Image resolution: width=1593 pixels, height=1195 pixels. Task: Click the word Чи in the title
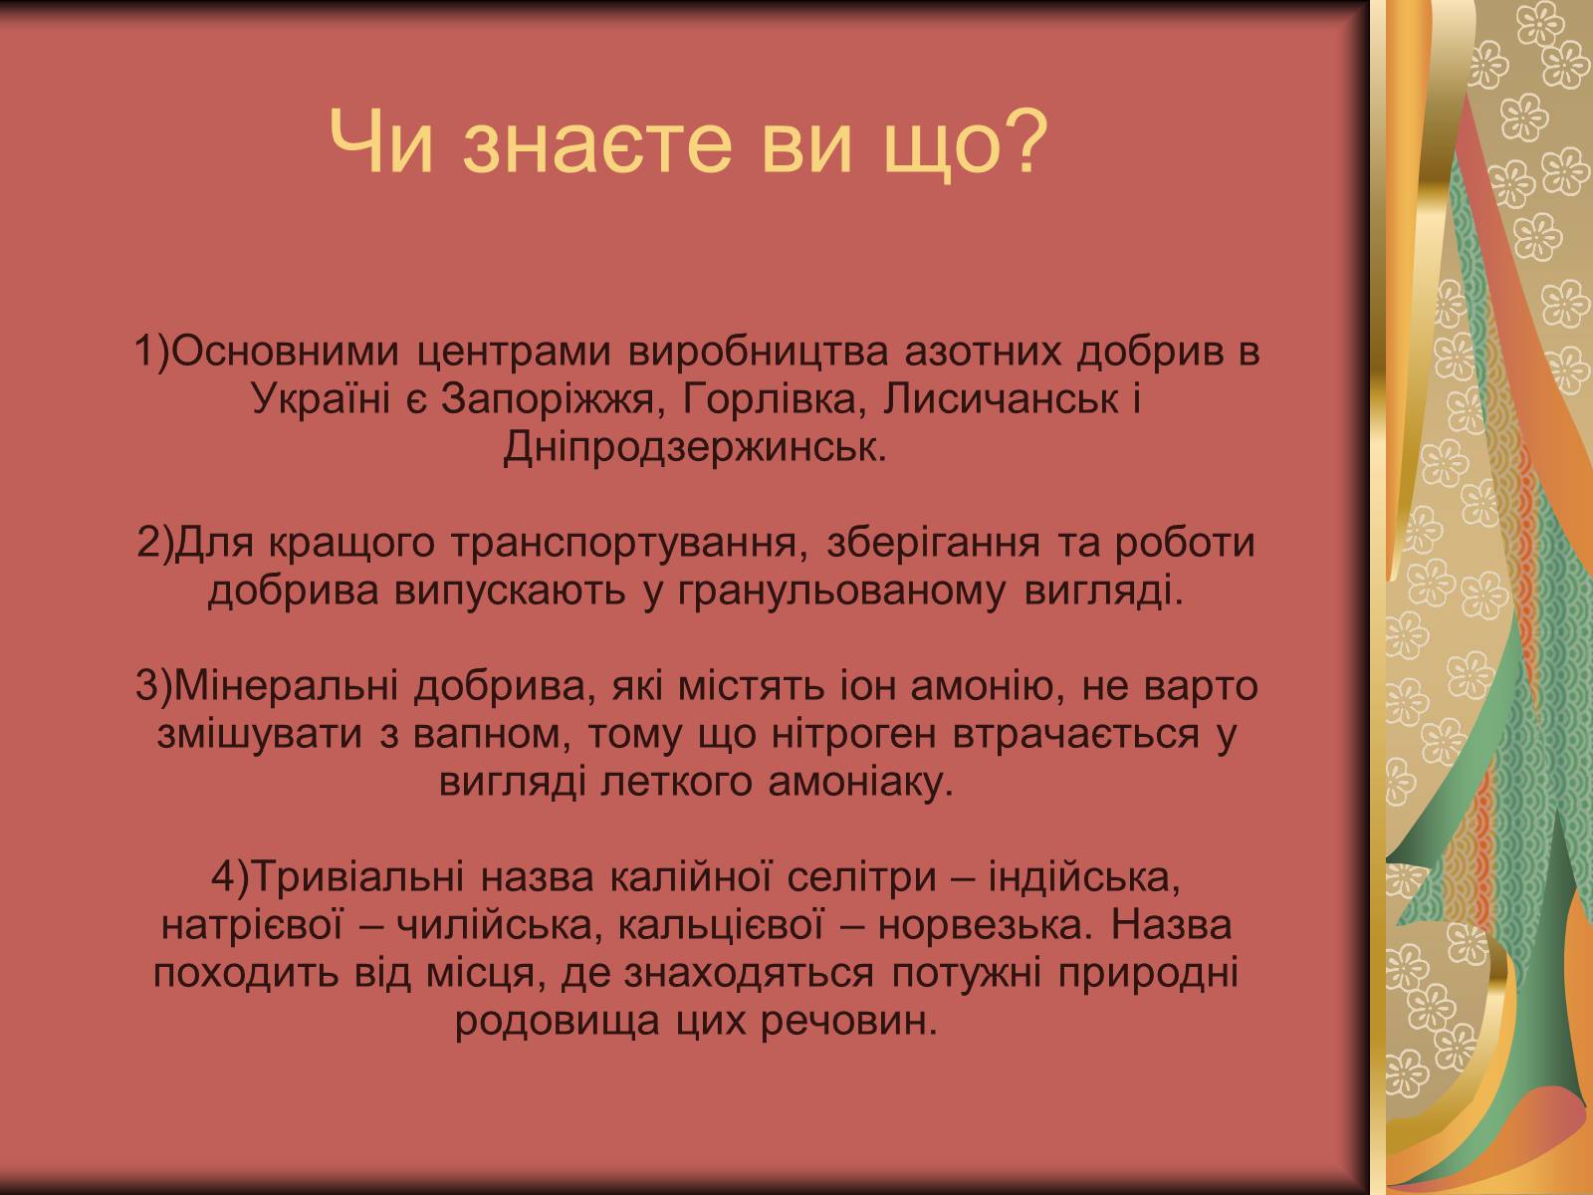(x=381, y=143)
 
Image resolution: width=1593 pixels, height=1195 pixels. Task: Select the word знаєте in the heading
(x=598, y=148)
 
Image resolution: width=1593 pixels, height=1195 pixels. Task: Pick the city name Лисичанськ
(x=1001, y=398)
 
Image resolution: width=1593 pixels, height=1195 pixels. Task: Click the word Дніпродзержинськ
(x=695, y=447)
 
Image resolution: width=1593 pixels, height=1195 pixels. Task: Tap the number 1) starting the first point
(x=153, y=352)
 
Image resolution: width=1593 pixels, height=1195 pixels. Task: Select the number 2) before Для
(x=155, y=544)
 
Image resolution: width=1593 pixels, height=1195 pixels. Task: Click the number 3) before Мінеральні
(x=154, y=686)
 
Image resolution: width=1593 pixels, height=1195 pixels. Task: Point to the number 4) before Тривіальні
(x=230, y=878)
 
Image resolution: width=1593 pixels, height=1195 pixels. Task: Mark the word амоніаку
(x=860, y=783)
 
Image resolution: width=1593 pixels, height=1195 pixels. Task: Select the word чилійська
(x=500, y=927)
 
